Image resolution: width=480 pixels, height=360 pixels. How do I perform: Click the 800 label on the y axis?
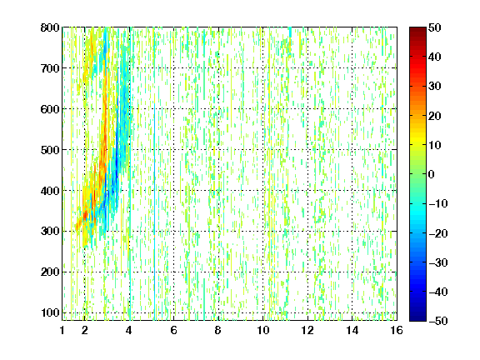pos(50,27)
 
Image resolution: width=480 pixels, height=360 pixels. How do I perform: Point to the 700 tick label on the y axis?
pos(50,68)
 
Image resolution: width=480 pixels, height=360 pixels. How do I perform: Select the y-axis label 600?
pos(50,109)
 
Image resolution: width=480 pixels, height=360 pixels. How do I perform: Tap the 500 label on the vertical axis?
pos(50,150)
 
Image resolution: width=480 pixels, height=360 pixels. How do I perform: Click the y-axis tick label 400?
pos(50,191)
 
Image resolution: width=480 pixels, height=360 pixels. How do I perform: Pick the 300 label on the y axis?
pos(50,232)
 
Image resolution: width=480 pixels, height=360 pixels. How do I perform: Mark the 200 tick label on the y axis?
pos(50,272)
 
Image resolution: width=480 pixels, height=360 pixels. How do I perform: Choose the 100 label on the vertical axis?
pos(50,312)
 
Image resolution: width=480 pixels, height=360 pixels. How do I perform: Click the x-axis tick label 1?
pos(62,330)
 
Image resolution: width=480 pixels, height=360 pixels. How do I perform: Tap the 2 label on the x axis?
pos(85,330)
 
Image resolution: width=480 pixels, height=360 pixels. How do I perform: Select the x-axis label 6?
pos(174,330)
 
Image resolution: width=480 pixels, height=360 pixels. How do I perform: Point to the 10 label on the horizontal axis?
pos(263,330)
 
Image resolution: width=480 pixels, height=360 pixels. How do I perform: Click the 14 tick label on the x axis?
pos(352,330)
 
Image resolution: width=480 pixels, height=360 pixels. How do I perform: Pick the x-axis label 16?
pos(397,330)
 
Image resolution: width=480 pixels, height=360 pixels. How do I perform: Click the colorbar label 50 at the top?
pos(435,27)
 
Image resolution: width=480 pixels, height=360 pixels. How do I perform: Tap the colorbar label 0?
pos(432,174)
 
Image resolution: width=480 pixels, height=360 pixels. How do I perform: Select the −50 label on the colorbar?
pos(438,321)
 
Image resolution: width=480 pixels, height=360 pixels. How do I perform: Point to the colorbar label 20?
pos(435,116)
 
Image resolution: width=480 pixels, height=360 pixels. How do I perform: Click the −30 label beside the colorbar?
pos(438,262)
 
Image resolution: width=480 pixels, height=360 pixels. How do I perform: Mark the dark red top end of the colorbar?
pos(417,29)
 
